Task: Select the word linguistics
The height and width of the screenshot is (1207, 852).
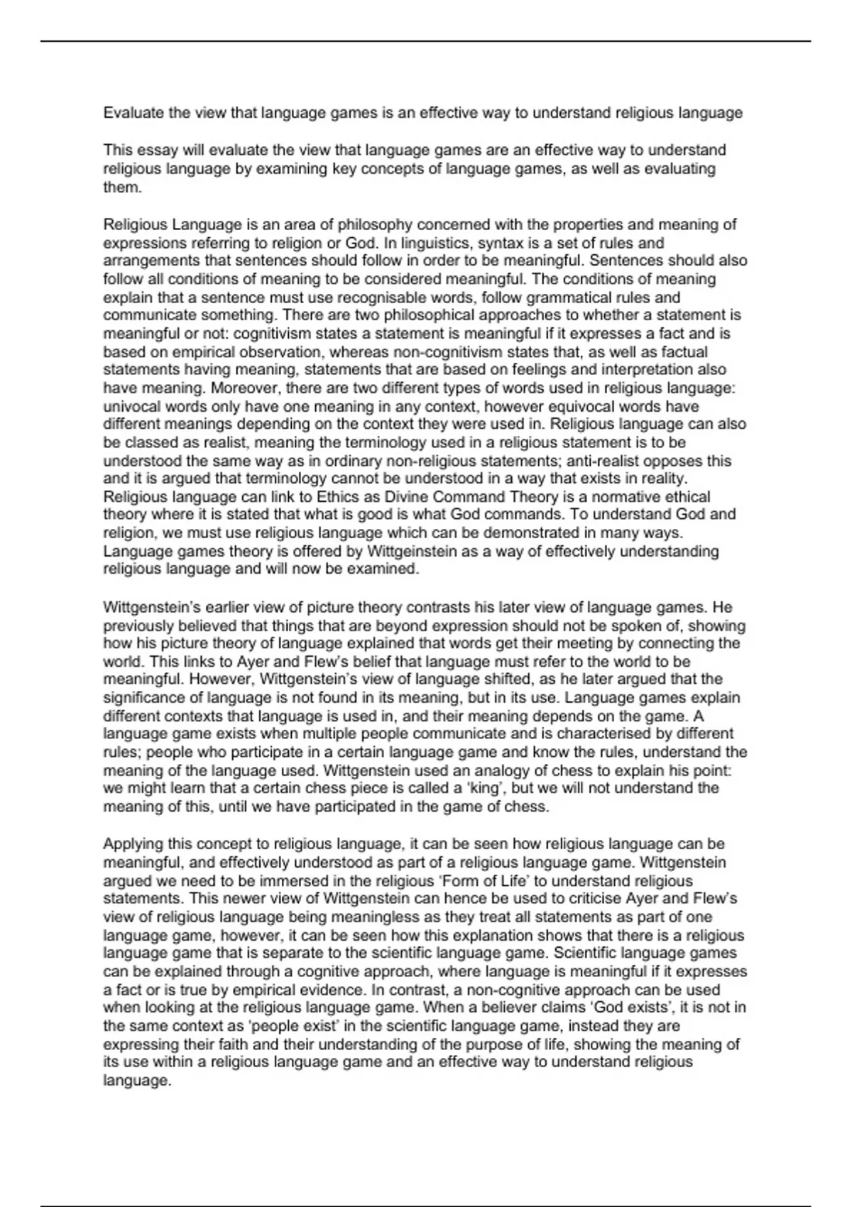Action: (423, 243)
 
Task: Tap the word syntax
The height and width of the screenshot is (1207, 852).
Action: (481, 243)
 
